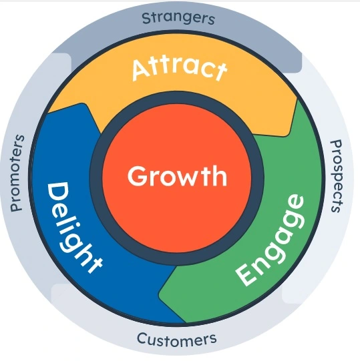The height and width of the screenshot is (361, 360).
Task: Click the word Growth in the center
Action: point(177,176)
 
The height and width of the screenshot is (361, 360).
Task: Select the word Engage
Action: point(270,240)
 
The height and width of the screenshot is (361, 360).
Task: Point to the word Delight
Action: point(73,228)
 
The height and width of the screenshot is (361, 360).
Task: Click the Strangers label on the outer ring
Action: point(178,19)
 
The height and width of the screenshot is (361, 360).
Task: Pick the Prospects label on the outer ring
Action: point(337,176)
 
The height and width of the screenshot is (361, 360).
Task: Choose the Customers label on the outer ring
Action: point(177,340)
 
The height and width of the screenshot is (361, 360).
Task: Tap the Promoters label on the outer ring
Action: point(17,173)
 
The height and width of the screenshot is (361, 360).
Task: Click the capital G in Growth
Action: point(137,176)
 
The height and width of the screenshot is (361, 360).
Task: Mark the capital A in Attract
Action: point(141,70)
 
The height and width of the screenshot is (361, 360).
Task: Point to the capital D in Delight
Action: point(58,192)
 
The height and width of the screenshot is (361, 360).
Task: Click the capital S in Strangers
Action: point(146,19)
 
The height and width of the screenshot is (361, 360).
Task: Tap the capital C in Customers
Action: point(142,338)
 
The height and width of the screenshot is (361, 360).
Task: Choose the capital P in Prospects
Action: point(336,145)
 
